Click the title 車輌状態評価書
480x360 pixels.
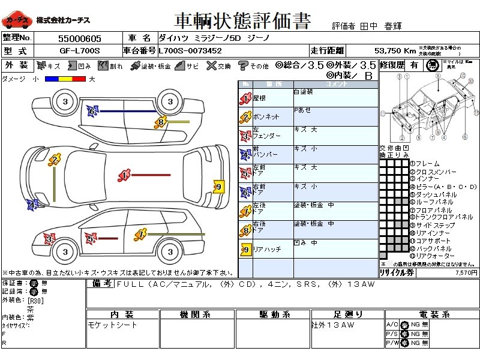click(242, 21)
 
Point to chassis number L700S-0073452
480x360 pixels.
click(190, 51)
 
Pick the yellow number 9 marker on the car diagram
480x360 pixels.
click(218, 187)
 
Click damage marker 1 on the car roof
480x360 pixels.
click(124, 175)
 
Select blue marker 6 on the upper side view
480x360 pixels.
click(92, 111)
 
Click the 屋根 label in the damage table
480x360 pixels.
click(260, 98)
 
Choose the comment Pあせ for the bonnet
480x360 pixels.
click(302, 110)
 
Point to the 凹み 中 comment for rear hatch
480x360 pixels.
click(305, 243)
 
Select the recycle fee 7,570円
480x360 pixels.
click(466, 272)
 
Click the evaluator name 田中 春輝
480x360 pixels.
click(380, 26)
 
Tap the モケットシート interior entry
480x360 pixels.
click(112, 325)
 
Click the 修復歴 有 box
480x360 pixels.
click(414, 65)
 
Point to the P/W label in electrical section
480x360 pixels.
click(392, 343)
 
